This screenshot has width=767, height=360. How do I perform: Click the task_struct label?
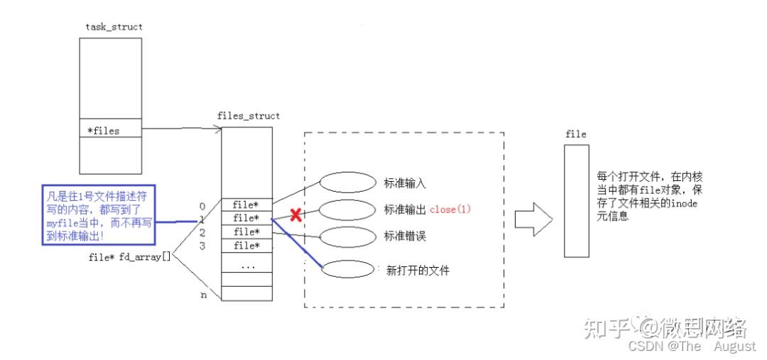tap(114, 27)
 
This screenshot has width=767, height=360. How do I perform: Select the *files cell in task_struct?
tap(110, 131)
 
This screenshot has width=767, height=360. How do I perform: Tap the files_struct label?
tap(248, 116)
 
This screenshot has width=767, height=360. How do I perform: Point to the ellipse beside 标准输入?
tap(347, 182)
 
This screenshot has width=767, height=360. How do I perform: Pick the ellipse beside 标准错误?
tap(347, 236)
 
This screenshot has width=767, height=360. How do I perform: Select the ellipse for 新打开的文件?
tap(347, 269)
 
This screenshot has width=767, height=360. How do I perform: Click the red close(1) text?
tap(450, 209)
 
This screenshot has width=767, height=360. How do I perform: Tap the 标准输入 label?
tap(405, 183)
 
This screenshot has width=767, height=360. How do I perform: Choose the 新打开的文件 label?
tap(418, 270)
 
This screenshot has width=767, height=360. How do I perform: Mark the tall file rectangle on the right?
tap(577, 201)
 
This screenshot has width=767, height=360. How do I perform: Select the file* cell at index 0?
tap(247, 205)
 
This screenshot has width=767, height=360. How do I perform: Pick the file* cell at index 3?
tap(247, 246)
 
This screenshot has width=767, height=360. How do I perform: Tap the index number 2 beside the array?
tap(202, 232)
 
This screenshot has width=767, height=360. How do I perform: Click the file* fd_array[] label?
tap(129, 257)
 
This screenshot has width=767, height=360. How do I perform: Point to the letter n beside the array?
tap(204, 295)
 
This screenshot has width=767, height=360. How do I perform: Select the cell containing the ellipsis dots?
tap(247, 266)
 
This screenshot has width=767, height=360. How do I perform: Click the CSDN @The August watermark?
tap(692, 347)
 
